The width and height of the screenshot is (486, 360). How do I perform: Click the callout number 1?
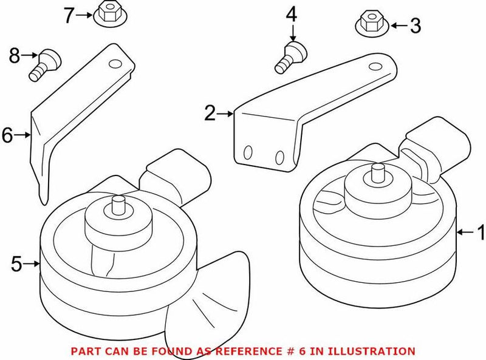(x=480, y=232)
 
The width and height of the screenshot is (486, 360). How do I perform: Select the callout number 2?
(x=210, y=113)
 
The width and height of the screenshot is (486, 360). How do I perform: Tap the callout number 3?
(x=416, y=25)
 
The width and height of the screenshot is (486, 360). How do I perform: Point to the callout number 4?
(x=292, y=14)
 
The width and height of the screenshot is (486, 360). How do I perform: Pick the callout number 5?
(x=17, y=264)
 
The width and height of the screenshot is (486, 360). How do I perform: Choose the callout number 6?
(x=7, y=135)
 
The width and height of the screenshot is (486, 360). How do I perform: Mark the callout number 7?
(x=70, y=14)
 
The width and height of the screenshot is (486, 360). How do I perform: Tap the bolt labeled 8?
(x=44, y=64)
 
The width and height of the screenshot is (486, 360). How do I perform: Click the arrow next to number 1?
(x=464, y=232)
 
